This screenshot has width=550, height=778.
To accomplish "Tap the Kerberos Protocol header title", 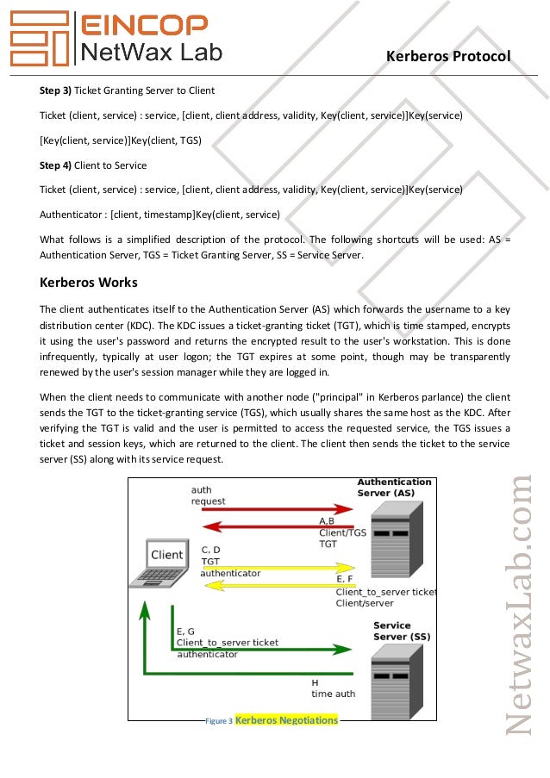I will click(x=448, y=56).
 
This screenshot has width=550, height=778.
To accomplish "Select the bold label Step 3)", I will click(x=56, y=90).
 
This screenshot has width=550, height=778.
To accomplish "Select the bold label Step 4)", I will click(x=56, y=165).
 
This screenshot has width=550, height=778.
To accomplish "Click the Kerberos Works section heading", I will click(x=89, y=282).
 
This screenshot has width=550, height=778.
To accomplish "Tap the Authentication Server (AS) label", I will click(x=394, y=487).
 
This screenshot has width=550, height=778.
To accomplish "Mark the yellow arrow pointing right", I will click(x=276, y=569).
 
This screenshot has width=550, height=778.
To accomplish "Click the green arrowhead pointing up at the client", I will click(x=146, y=610).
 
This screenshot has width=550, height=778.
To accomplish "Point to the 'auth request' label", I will click(x=209, y=495).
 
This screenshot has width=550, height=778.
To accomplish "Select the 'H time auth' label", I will click(x=333, y=688).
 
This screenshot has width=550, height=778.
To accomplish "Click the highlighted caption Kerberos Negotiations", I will click(x=286, y=719).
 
